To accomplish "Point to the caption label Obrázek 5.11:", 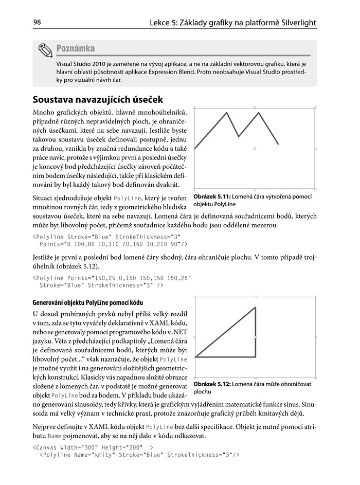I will point(212,196).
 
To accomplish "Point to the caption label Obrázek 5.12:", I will point(212,384).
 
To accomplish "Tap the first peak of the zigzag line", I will point(227,113).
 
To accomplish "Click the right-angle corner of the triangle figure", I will point(256,356).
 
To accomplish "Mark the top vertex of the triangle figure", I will point(256,307).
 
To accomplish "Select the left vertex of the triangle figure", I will point(195,356).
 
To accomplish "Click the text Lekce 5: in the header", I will point(164,23).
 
